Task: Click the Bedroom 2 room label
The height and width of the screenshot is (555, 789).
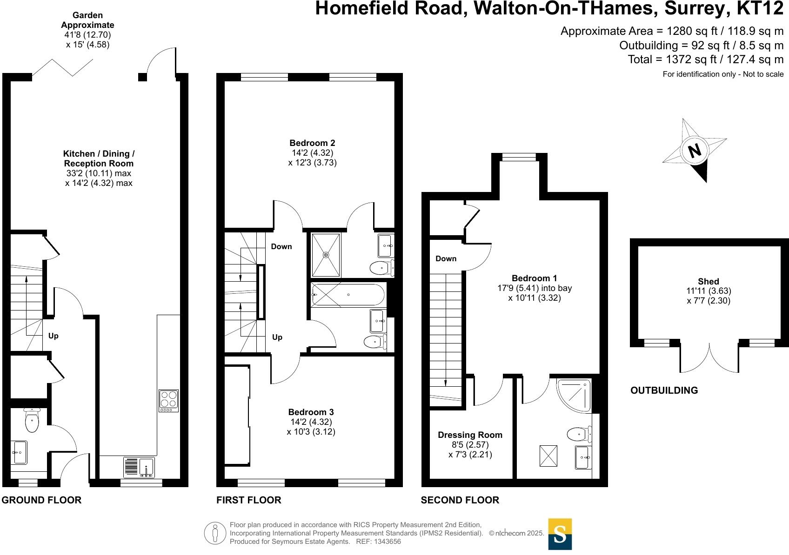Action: [312, 143]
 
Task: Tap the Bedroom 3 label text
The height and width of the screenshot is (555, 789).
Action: [311, 412]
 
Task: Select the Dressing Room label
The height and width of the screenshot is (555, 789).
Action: [470, 435]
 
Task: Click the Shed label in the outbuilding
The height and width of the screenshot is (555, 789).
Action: [708, 281]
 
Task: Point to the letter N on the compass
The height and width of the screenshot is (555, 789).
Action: [694, 151]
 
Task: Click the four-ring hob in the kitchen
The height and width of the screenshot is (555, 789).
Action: [168, 400]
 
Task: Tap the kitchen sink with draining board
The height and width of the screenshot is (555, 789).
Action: [139, 467]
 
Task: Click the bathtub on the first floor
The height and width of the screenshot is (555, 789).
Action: [348, 295]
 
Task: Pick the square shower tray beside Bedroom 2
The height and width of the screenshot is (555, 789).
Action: [326, 255]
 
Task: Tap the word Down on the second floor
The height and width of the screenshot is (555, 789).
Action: [446, 259]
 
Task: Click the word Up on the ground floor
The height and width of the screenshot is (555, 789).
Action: [53, 336]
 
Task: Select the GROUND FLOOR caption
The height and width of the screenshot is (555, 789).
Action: [41, 500]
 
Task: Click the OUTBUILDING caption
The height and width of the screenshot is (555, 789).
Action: [664, 390]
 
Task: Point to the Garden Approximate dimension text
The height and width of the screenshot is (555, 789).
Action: [87, 30]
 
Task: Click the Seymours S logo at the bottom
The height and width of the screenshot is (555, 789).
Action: [560, 534]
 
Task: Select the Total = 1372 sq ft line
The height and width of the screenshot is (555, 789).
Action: [705, 59]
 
